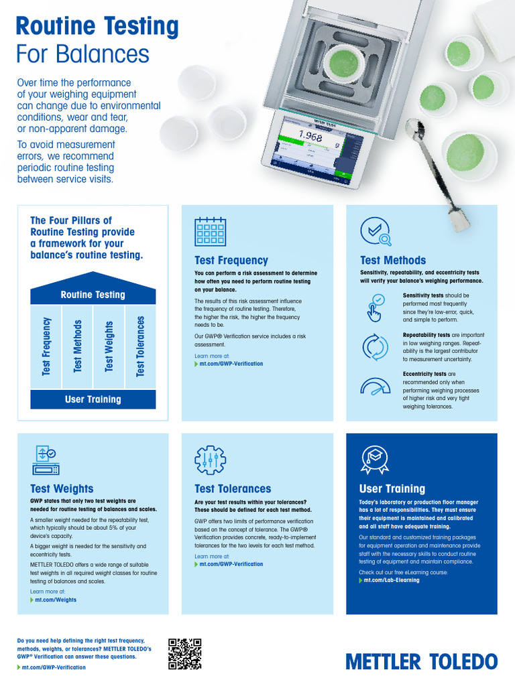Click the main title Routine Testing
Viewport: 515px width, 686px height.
[97, 26]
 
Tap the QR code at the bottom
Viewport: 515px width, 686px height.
[185, 654]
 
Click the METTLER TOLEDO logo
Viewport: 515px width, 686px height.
[422, 661]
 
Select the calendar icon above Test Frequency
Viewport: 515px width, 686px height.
[210, 232]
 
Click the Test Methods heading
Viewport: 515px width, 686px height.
[392, 260]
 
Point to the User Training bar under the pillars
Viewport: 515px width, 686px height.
[93, 399]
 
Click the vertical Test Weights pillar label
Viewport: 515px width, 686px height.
[109, 346]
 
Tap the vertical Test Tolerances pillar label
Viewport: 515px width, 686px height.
[140, 346]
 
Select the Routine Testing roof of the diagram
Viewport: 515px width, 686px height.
[93, 293]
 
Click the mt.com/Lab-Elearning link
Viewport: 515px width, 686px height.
[391, 580]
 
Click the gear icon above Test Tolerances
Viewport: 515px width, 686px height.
[210, 460]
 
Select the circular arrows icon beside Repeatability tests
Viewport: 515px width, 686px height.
[375, 347]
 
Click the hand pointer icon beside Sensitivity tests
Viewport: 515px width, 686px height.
[375, 307]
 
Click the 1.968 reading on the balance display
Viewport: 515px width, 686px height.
[310, 136]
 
